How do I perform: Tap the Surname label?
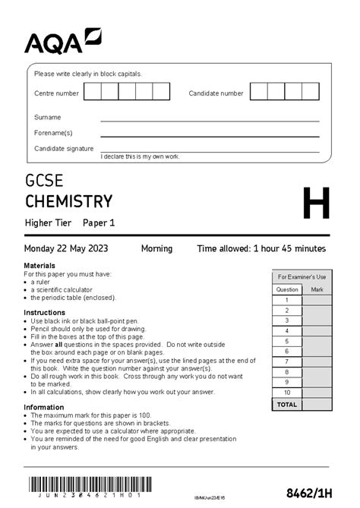pos(47,118)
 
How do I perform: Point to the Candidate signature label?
pos(64,149)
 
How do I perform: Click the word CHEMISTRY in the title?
pos(68,201)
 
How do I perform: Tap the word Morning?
pos(156,248)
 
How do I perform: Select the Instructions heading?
pos(44,313)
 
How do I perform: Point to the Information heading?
pos(43,406)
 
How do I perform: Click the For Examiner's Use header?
pos(302,277)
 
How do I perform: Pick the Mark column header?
pos(317,289)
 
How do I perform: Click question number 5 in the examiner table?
pos(287,341)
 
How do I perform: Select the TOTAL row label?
pos(287,405)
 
